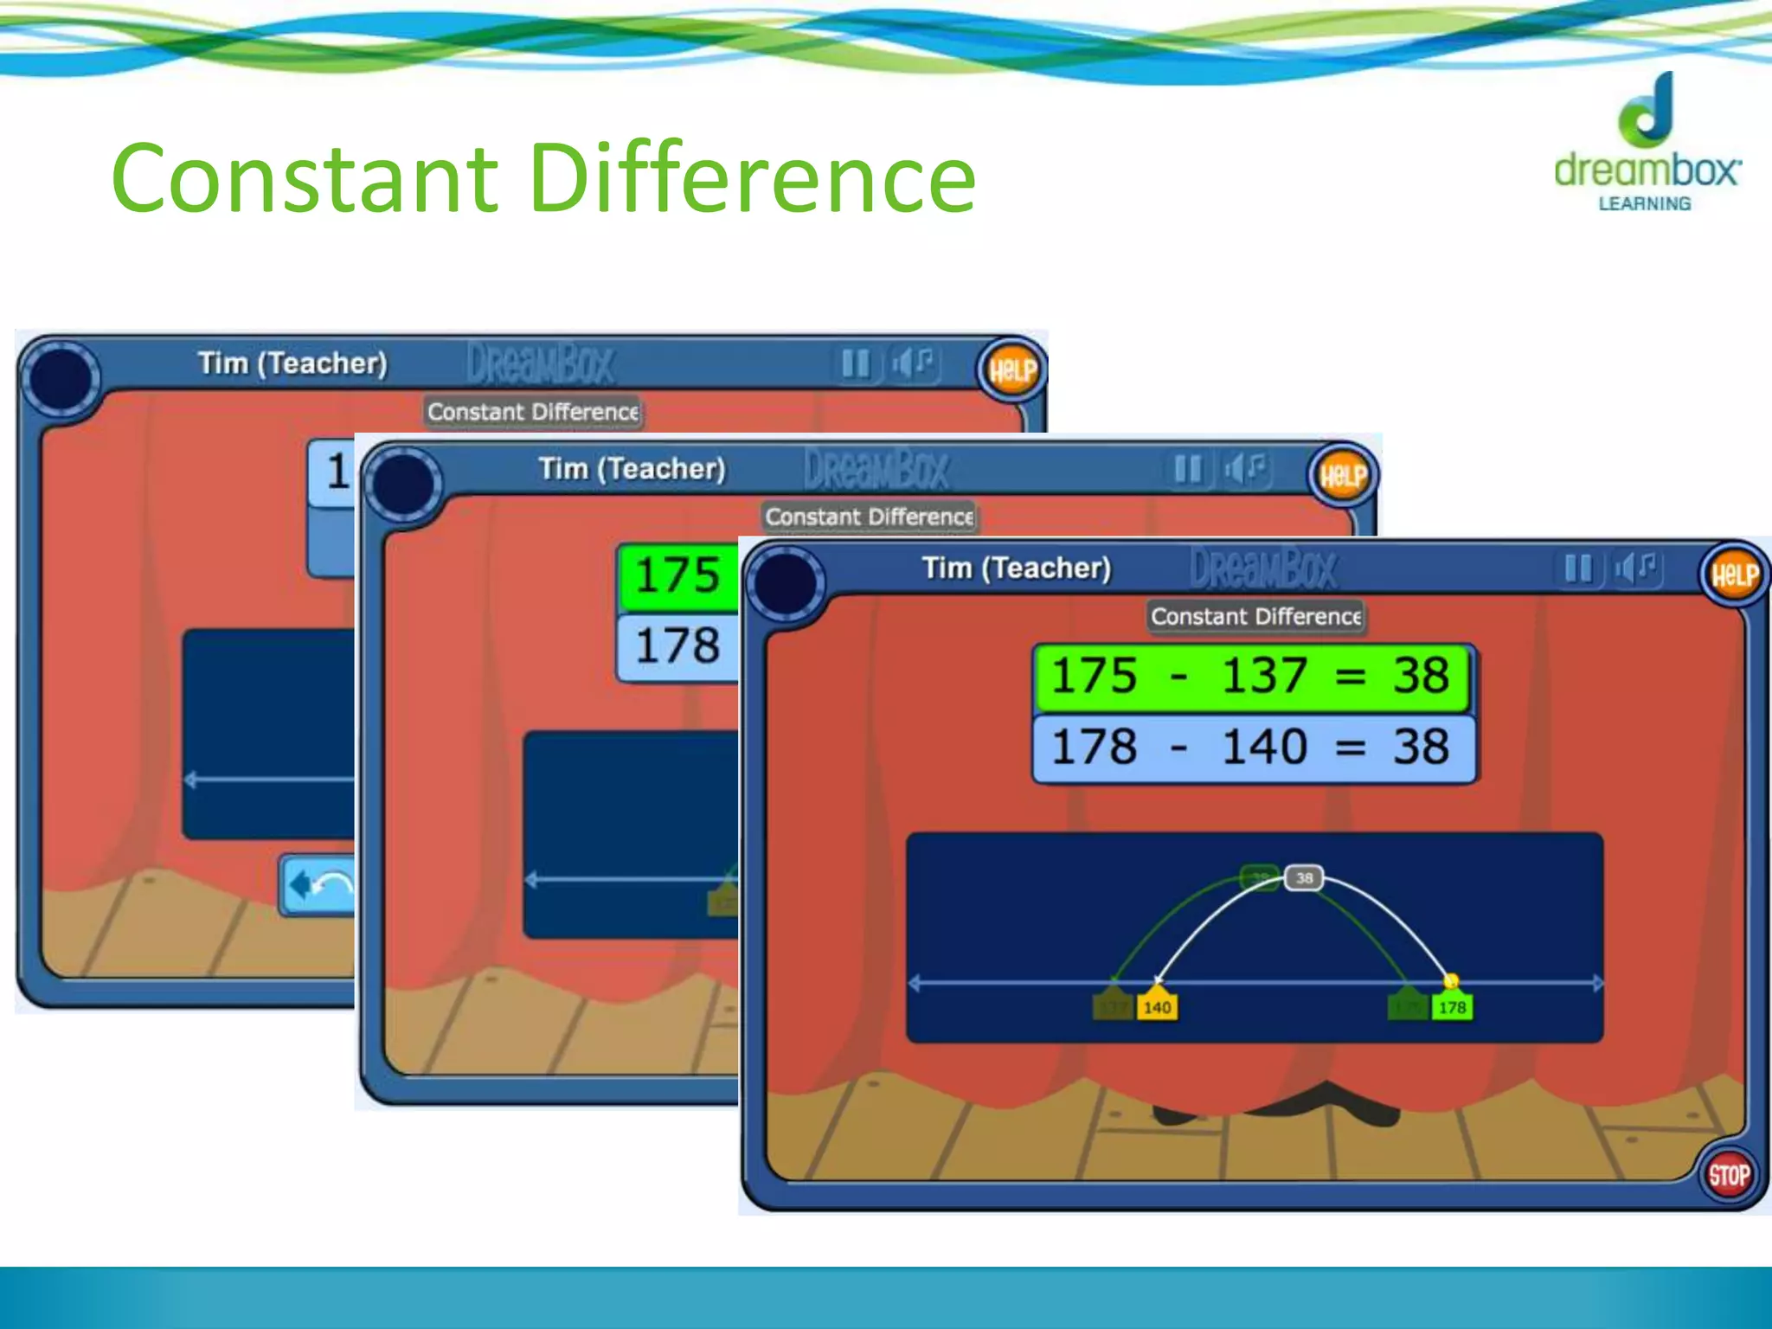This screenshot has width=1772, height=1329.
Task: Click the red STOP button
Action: pos(1728,1176)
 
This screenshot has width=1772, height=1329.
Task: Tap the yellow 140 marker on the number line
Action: pos(1157,1007)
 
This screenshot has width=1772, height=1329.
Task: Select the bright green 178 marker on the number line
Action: pos(1452,1007)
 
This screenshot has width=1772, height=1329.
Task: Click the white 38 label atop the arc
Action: pos(1304,878)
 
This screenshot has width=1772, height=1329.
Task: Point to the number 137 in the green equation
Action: pos(1263,676)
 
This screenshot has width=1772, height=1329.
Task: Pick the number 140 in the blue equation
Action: pos(1263,747)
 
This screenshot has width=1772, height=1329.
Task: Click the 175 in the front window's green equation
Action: pos(1094,676)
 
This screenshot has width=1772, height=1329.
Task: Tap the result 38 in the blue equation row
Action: pos(1420,747)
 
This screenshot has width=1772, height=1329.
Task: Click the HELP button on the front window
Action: pos(1734,575)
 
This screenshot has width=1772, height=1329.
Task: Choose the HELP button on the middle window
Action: pos(1343,475)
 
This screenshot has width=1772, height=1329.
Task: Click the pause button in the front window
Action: pos(1578,569)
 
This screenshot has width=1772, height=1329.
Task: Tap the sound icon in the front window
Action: pos(1635,569)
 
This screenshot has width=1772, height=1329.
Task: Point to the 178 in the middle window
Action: pos(677,645)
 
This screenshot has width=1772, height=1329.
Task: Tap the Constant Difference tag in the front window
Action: pos(1255,617)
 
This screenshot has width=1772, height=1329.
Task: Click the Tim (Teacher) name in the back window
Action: pos(292,363)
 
